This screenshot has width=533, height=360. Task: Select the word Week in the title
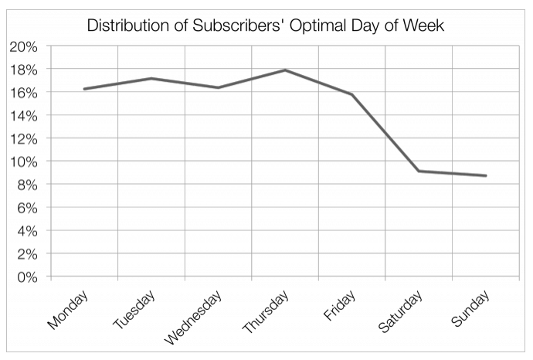tap(426, 25)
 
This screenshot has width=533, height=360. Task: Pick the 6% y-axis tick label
tap(24, 207)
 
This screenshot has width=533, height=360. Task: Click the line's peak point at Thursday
tap(285, 70)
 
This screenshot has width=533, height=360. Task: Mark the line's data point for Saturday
tap(419, 171)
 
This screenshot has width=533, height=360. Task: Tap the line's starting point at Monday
tap(84, 89)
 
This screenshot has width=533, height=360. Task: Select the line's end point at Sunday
tap(485, 175)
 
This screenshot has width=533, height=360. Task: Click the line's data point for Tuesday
tap(151, 78)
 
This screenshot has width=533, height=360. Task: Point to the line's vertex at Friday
tap(351, 94)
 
